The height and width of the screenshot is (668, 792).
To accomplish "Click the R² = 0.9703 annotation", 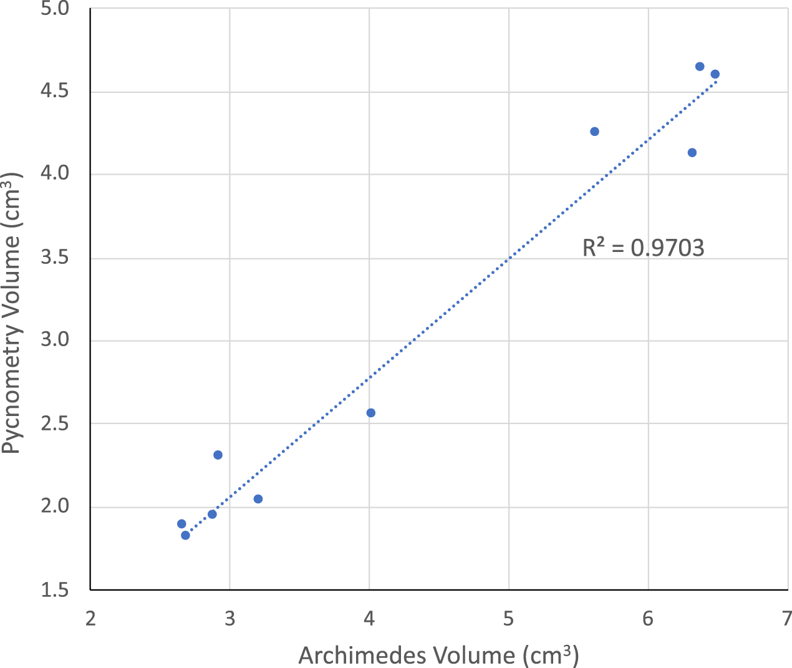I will point(643,248).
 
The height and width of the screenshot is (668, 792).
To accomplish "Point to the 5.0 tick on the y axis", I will point(64,9).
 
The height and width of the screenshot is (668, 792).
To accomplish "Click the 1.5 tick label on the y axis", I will point(64,590).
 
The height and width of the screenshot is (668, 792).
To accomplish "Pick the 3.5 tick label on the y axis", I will point(64,258).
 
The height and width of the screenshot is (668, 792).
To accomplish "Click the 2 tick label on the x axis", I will point(90,618).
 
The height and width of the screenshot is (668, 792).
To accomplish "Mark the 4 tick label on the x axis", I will point(369,618).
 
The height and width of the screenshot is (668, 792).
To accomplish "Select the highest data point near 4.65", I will point(700,67).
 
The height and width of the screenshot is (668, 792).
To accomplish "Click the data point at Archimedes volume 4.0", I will point(371,413).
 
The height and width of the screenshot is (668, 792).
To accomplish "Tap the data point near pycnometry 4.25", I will point(594,132).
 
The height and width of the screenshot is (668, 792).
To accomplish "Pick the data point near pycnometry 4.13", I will point(692,153).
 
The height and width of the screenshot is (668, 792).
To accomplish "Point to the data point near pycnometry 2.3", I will point(218,455).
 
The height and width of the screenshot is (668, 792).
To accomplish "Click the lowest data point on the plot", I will point(185,535).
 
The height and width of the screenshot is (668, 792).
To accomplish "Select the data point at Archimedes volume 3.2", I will point(258,499).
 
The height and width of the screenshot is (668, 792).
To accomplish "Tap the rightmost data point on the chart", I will point(715,74).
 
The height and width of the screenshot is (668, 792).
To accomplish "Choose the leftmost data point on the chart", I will point(181,524).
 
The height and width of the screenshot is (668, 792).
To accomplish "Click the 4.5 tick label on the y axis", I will point(64,92).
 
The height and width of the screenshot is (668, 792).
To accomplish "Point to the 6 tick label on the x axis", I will point(649,618).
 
